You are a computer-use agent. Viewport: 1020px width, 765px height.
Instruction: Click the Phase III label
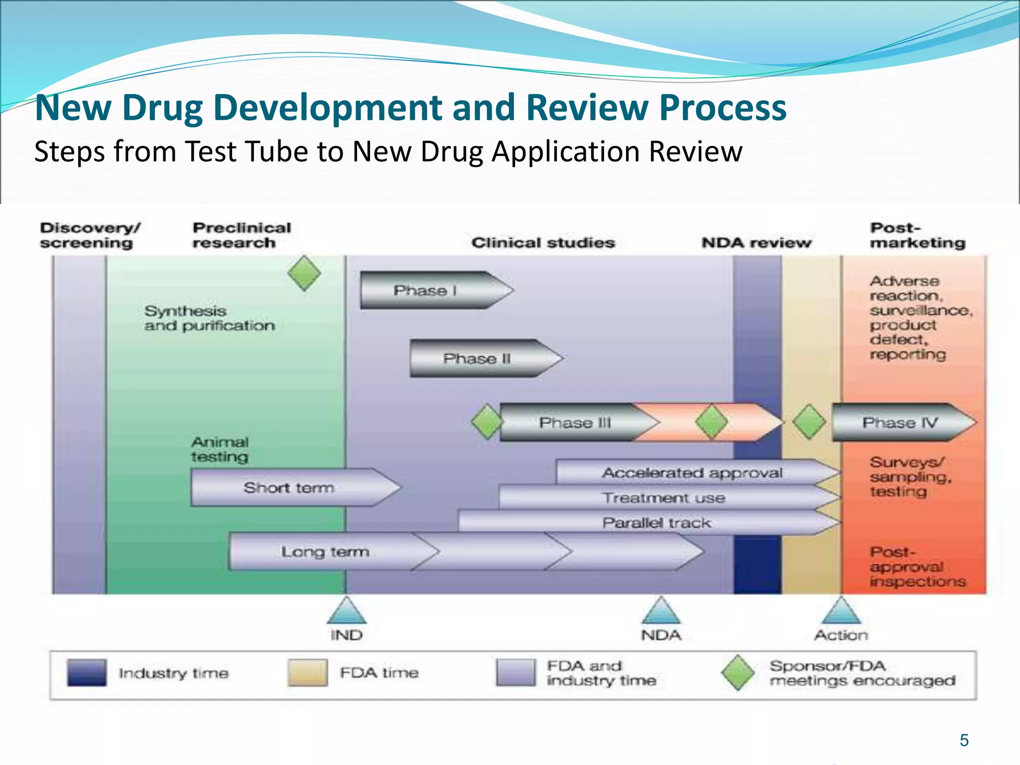click(x=575, y=423)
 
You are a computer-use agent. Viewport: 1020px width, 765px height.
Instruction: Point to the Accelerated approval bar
click(x=692, y=473)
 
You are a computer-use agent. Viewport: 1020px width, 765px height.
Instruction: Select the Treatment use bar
click(x=663, y=498)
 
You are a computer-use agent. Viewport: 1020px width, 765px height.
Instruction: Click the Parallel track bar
click(x=656, y=522)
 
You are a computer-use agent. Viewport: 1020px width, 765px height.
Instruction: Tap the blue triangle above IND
click(x=346, y=612)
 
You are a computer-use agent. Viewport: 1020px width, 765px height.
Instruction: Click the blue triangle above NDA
click(x=661, y=612)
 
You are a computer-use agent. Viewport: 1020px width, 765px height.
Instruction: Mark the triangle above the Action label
click(x=841, y=612)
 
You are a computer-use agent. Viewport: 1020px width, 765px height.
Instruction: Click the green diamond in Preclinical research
click(x=304, y=273)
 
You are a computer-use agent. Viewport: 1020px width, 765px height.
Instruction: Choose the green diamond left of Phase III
click(x=487, y=422)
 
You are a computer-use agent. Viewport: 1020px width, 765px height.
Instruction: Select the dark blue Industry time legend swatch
click(x=87, y=672)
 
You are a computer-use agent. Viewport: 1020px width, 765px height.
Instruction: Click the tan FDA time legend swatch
click(x=307, y=672)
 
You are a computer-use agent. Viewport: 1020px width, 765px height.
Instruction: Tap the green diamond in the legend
click(x=738, y=672)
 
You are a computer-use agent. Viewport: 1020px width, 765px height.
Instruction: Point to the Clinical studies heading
click(x=543, y=243)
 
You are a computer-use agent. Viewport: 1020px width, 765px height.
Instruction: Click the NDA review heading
click(x=756, y=243)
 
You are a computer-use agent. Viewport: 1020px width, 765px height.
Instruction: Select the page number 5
click(x=964, y=740)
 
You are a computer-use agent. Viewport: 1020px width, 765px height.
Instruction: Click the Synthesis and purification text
click(x=209, y=318)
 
